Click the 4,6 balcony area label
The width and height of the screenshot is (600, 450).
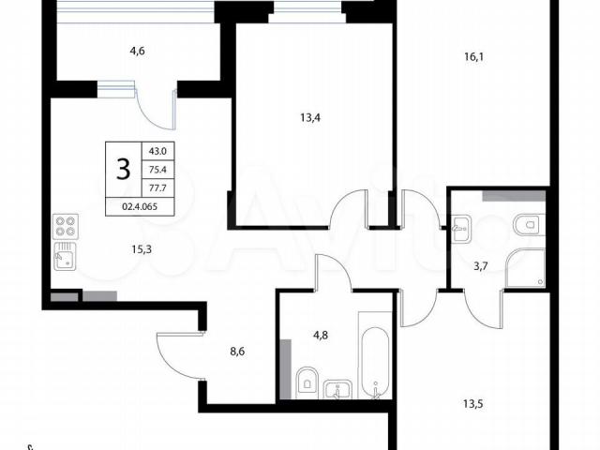[138, 51]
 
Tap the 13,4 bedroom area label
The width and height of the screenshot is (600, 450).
[310, 117]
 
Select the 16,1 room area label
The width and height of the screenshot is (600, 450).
[474, 57]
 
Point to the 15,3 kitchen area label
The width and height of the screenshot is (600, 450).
[142, 249]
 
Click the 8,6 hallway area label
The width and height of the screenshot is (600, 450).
[237, 352]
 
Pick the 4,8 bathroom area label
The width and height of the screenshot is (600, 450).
[321, 336]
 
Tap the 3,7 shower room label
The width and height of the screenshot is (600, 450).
[481, 266]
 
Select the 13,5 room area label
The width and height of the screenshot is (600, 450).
[473, 404]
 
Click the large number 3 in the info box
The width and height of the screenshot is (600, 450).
[123, 169]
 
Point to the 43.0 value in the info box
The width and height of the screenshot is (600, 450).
[157, 151]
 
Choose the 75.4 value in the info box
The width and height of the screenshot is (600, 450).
[157, 170]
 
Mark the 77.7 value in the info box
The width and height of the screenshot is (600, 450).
[157, 187]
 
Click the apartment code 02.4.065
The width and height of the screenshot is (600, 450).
[140, 206]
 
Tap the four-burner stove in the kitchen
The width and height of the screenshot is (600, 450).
[66, 227]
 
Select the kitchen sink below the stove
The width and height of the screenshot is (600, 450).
[65, 256]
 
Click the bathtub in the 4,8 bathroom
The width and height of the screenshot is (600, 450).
[375, 356]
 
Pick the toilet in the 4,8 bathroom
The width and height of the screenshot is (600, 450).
[307, 382]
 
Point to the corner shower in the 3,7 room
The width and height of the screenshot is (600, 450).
[525, 268]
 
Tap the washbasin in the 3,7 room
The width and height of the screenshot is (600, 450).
[461, 229]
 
